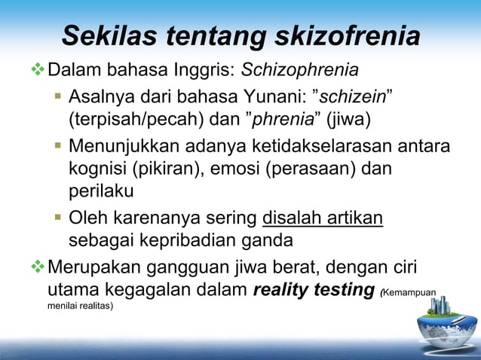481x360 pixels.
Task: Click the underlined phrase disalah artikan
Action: [x=323, y=218]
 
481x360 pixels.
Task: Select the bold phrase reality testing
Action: [x=314, y=288]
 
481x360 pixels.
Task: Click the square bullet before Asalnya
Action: [x=58, y=97]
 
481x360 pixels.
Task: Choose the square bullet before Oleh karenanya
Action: [x=58, y=218]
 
